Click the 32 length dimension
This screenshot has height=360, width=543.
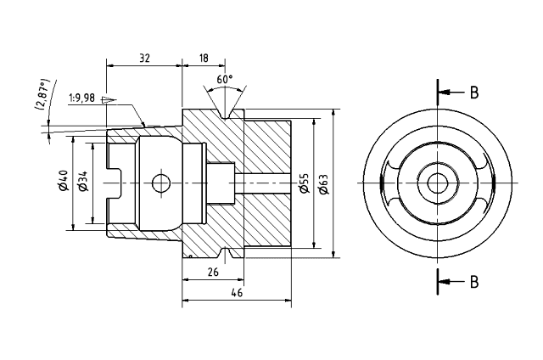click(x=144, y=58)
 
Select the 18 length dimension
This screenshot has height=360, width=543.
click(x=204, y=58)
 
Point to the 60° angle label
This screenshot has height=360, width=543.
click(x=225, y=79)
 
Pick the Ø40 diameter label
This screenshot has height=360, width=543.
click(x=62, y=182)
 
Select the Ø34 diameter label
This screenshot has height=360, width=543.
click(x=82, y=182)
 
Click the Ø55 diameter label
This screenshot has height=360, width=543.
click(x=304, y=183)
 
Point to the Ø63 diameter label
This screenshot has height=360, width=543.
click(x=323, y=183)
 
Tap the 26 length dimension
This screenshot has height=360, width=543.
click(x=213, y=272)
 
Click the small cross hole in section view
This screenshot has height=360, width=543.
click(x=158, y=183)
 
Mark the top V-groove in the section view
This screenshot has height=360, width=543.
click(x=225, y=111)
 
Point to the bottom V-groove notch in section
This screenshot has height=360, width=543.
click(x=225, y=255)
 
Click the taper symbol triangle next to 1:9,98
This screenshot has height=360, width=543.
click(x=106, y=99)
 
